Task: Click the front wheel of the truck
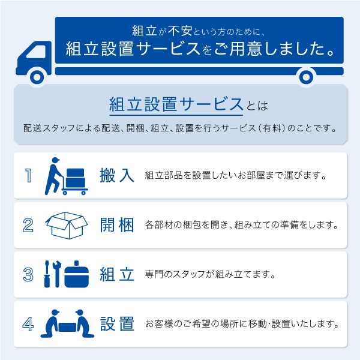pos(37,77)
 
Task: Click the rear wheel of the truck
pos(306,77)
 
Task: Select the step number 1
pos(28,175)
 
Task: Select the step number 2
pos(28,225)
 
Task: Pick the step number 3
pos(28,274)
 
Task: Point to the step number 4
pos(28,324)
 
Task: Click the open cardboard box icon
pos(67,225)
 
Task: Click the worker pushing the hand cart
pos(53,176)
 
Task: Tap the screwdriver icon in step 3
pos(47,274)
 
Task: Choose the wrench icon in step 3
pos(57,274)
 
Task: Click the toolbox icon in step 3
pos(76,274)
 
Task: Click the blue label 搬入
pos(117,175)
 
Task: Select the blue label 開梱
pos(117,225)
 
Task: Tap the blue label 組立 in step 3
pos(117,274)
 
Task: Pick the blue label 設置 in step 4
pos(117,324)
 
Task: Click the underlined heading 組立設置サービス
pos(176,104)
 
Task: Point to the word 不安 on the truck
pos(180,31)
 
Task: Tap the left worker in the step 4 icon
pos(52,324)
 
